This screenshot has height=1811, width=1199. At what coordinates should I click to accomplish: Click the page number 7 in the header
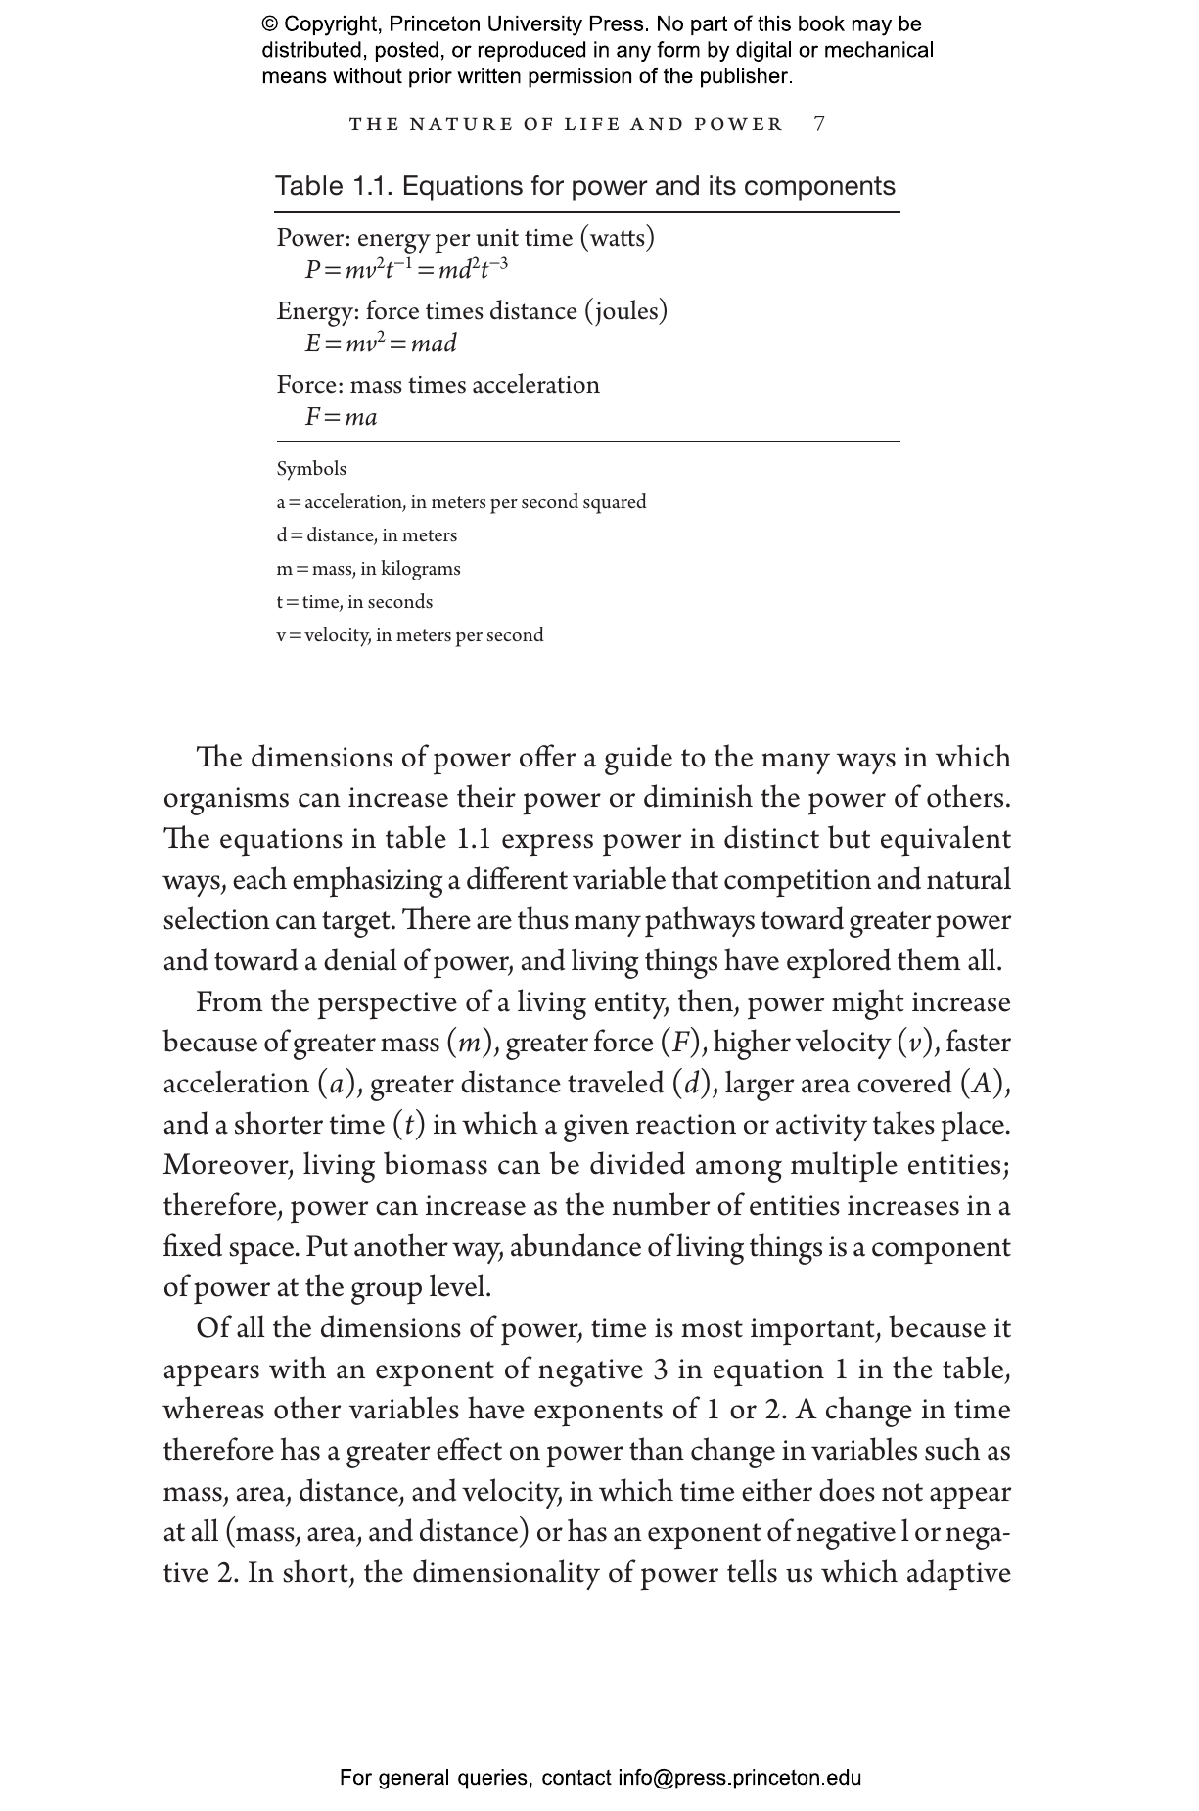(819, 123)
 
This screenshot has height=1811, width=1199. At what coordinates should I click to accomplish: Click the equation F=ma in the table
(341, 417)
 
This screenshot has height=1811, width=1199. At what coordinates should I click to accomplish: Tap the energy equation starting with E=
(381, 344)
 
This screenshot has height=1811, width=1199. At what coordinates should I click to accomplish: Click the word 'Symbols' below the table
(311, 469)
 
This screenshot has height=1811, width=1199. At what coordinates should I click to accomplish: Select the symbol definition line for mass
(368, 569)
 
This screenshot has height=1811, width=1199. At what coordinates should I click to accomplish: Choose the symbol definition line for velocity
(409, 635)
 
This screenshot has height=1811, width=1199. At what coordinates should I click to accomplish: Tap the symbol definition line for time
(354, 602)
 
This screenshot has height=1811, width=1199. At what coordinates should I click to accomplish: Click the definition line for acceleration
(461, 502)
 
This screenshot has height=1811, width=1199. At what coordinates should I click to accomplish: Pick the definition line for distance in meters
(366, 535)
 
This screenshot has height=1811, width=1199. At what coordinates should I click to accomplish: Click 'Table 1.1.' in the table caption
(334, 186)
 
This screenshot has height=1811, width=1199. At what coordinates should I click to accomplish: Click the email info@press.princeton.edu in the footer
(739, 1778)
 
